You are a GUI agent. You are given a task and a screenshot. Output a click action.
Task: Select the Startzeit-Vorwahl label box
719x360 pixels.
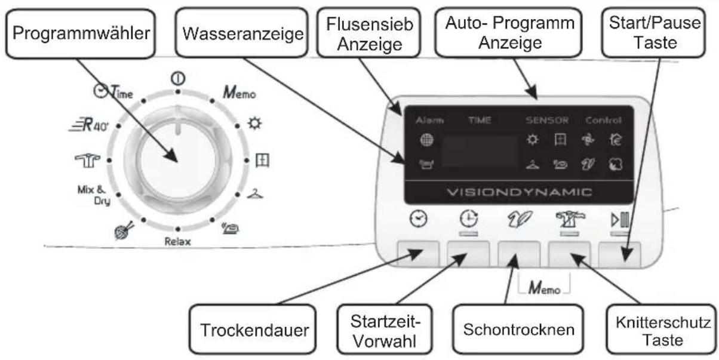pos(376,329)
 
